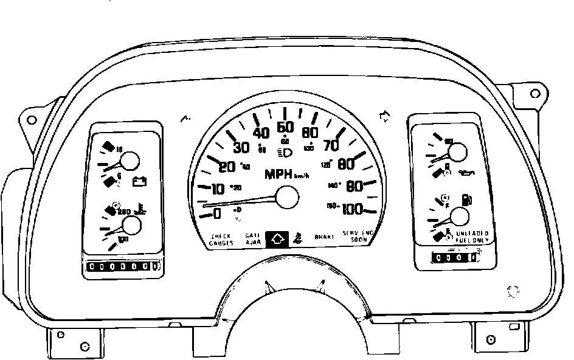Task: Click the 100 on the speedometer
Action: [352, 209]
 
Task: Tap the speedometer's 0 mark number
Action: [217, 213]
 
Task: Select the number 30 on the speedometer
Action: [241, 147]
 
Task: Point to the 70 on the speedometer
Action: [331, 145]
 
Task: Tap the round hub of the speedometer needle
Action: [287, 198]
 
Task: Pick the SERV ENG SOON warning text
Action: [358, 237]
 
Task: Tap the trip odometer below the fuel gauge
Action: [454, 258]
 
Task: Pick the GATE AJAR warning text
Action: [252, 239]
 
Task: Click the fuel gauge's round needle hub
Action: [462, 216]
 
